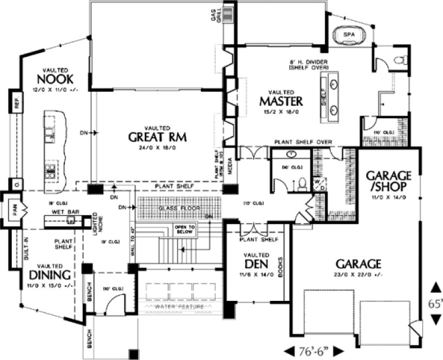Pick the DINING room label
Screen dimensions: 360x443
click(x=48, y=275)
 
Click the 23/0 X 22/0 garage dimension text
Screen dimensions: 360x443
click(x=358, y=275)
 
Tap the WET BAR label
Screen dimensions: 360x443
click(x=63, y=212)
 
